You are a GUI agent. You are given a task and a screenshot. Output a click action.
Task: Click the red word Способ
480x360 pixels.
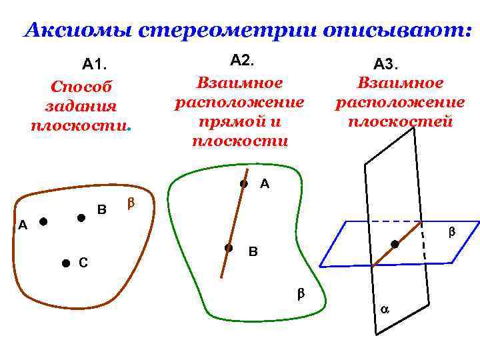[x=81, y=87]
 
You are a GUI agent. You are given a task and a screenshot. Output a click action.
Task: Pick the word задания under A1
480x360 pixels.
[x=81, y=106]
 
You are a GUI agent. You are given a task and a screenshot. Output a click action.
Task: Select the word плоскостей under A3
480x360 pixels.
[x=400, y=121]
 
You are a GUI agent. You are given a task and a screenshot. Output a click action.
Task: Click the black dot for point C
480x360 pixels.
[x=65, y=264]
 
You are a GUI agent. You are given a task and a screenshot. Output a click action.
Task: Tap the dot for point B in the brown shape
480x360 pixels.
[x=81, y=217]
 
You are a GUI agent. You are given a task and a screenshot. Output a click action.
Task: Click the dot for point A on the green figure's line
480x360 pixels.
[x=244, y=183]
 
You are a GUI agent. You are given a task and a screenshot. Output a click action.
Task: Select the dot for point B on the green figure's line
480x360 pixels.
[x=228, y=247]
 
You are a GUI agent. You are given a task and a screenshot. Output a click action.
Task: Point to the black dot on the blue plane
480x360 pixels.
[x=395, y=245]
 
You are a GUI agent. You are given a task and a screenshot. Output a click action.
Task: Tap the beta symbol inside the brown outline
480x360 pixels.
[x=131, y=201]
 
